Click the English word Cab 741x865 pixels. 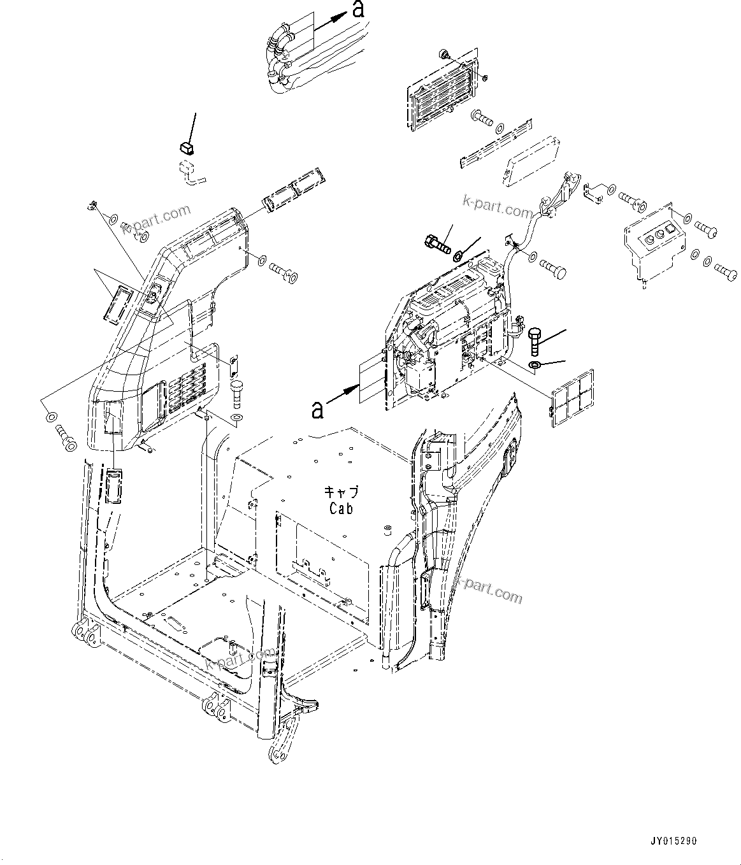tap(341, 508)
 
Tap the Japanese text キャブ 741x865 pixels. tap(342, 491)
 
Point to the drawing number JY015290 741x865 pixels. tap(674, 841)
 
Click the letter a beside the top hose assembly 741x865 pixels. tap(359, 10)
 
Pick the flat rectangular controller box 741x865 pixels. tap(532, 162)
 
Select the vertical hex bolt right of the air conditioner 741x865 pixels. tap(535, 341)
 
